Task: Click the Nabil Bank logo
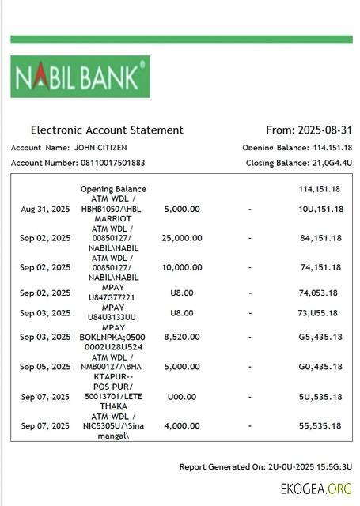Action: coord(80,77)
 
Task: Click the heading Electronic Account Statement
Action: coord(107,130)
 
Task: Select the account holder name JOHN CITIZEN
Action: coord(100,147)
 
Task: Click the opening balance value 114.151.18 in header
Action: coord(332,148)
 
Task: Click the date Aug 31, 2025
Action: coord(45,209)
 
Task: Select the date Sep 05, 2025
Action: coord(45,367)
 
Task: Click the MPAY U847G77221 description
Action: coord(113,293)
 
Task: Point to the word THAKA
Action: coord(113,406)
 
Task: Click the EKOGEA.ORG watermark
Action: coord(316,489)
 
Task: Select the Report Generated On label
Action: coord(222,467)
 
